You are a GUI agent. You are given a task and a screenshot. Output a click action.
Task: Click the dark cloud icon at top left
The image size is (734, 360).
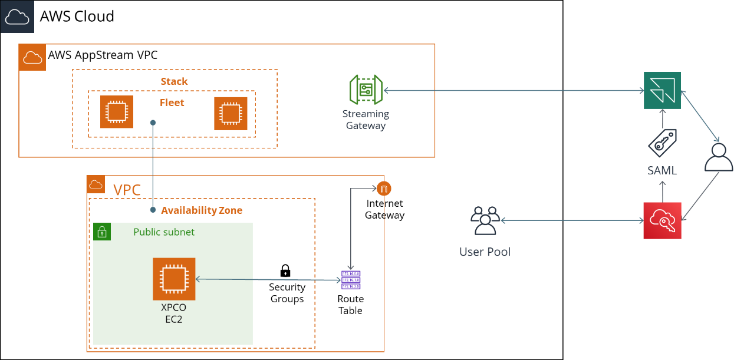17,16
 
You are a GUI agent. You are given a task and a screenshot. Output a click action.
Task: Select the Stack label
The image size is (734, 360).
174,81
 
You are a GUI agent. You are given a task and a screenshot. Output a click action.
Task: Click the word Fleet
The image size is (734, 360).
172,103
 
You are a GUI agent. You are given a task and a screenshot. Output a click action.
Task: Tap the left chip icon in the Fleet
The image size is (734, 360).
116,111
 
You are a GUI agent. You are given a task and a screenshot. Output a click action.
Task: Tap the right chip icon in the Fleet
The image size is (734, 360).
230,113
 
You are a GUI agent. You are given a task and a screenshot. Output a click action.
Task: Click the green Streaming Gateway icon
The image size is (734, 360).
366,90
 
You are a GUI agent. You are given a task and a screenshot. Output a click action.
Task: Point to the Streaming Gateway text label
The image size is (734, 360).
366,119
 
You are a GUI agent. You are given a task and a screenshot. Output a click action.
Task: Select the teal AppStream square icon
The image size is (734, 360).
662,90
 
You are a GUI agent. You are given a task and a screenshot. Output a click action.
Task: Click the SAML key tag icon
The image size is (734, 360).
662,143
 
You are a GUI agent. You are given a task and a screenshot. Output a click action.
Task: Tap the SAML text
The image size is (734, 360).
662,171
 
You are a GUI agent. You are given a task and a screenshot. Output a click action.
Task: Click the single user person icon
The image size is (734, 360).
719,158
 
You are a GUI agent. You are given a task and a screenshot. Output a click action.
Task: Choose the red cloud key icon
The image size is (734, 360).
662,220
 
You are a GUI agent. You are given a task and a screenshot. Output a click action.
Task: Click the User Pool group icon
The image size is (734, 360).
485,221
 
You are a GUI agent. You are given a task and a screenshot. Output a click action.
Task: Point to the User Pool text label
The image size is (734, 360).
485,252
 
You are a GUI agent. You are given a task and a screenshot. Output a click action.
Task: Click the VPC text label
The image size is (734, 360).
127,190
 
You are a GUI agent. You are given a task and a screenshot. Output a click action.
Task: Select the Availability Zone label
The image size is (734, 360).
202,210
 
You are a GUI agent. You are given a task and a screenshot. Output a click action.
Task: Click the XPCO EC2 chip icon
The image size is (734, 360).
174,279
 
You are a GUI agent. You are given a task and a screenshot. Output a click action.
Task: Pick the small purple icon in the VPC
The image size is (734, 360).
351,280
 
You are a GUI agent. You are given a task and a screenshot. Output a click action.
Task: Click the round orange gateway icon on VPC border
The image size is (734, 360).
384,189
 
